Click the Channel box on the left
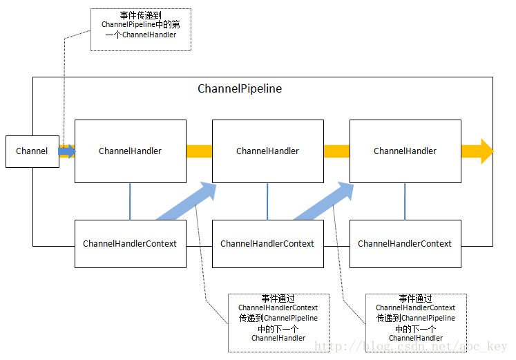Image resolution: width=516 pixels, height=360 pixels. click(x=32, y=151)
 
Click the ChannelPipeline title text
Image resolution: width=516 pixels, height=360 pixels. click(x=240, y=89)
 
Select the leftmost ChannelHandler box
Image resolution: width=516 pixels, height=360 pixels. click(x=130, y=151)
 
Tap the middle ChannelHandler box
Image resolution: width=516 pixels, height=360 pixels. click(x=267, y=151)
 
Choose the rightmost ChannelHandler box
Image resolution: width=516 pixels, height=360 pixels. click(x=405, y=151)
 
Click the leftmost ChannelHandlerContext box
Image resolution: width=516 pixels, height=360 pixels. click(x=130, y=244)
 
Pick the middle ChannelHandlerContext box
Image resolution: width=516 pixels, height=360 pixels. click(x=267, y=244)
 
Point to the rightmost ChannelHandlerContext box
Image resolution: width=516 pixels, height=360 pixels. click(x=405, y=244)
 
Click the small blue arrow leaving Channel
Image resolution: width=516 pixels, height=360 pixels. click(x=67, y=151)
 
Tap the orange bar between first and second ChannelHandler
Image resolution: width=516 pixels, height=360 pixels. click(x=199, y=151)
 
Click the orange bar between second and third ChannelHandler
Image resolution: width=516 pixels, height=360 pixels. click(x=336, y=151)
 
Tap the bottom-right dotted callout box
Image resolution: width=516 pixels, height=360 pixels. click(x=415, y=323)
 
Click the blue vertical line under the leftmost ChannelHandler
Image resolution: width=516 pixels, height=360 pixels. click(x=130, y=201)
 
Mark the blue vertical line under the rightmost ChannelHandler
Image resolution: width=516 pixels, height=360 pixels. click(x=405, y=201)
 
